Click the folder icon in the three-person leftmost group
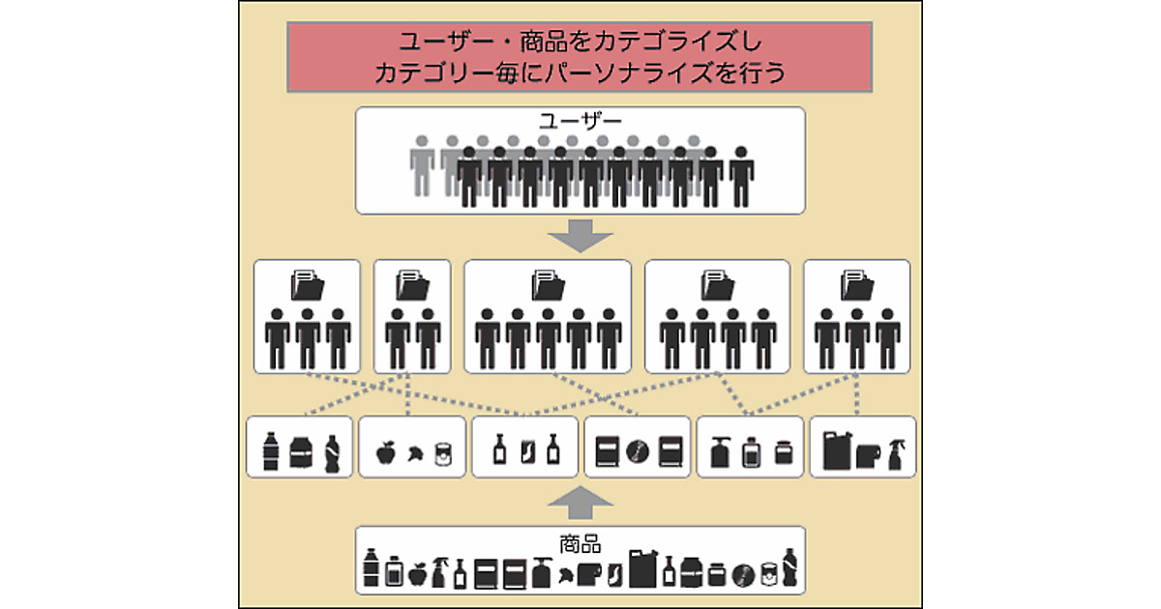(x=308, y=285)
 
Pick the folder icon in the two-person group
(x=411, y=285)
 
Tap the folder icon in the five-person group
(x=548, y=285)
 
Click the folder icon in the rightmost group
(x=857, y=285)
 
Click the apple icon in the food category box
(x=385, y=450)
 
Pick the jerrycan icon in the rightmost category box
(x=838, y=449)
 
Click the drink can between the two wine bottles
(x=526, y=450)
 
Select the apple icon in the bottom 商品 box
(x=417, y=574)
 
